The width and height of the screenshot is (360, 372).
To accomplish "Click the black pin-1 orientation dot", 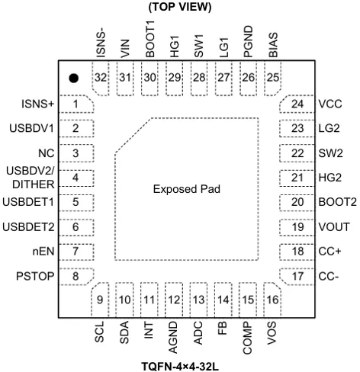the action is coord(73,78).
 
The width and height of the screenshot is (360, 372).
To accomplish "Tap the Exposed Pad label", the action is coord(187,189).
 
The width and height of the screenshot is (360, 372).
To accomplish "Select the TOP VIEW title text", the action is coord(180,7).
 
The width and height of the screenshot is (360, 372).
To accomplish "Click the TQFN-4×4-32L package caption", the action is coord(180,367).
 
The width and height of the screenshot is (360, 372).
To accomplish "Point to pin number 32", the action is coord(101,78).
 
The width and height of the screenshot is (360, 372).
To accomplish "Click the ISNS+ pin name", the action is coord(38,104).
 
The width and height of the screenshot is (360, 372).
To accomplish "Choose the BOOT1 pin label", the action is coord(150,39).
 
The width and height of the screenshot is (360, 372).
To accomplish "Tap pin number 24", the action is coord(297,104).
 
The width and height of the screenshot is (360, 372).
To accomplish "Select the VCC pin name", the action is coord(330,104).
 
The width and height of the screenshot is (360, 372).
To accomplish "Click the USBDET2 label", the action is coord(28,226).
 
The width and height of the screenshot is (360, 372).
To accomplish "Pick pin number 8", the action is coord(76,276).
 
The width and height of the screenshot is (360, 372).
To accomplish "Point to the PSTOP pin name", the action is coord(35,276).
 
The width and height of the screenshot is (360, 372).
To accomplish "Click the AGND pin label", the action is coord(173,338).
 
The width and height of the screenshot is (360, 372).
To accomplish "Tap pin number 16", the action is coord(272,300).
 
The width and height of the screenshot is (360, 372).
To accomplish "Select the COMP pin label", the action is coord(247,338).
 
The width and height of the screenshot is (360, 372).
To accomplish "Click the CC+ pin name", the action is coord(329,252).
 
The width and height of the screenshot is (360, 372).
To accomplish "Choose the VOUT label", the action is coord(334,226).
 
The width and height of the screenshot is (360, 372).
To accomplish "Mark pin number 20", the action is coord(297,202).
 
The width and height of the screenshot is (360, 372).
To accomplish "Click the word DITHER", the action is coord(34,184).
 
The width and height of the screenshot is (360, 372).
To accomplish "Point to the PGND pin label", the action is coord(249,41).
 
